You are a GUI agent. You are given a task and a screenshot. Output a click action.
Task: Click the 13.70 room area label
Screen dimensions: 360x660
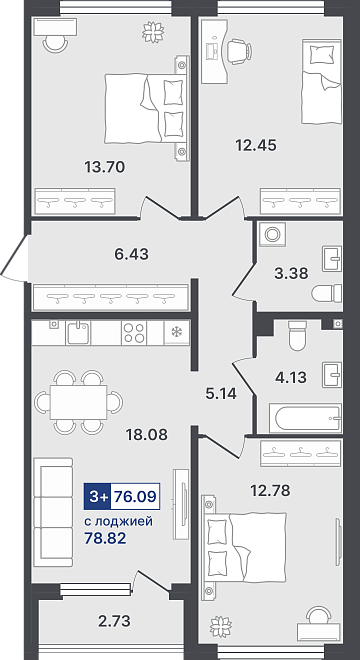click(105, 168)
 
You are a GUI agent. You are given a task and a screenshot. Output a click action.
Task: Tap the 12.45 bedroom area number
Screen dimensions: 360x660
click(256, 146)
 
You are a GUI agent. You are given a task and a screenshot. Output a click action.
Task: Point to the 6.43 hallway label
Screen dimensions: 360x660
click(131, 254)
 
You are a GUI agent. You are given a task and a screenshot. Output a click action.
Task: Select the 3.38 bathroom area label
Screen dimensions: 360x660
click(291, 274)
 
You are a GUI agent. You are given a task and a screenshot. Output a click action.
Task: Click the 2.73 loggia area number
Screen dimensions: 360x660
click(113, 620)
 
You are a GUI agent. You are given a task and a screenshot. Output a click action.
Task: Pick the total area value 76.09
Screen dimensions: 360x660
click(135, 497)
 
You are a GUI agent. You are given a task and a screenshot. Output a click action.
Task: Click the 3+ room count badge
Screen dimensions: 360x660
click(98, 497)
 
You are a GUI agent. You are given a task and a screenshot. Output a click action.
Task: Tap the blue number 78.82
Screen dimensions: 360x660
click(105, 539)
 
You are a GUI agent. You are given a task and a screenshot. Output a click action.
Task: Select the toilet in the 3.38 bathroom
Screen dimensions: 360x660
click(327, 293)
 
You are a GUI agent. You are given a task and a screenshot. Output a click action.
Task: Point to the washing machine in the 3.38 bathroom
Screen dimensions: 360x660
click(272, 234)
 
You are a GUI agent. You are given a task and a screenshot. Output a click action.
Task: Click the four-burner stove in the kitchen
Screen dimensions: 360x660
click(134, 333)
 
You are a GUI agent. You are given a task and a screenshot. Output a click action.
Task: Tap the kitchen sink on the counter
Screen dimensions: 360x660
click(78, 333)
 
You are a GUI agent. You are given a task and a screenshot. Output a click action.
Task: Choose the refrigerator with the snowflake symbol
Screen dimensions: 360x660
click(176, 333)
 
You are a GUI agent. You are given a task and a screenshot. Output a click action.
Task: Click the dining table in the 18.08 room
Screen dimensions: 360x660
click(78, 402)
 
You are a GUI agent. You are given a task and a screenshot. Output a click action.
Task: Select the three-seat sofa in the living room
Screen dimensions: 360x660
click(53, 512)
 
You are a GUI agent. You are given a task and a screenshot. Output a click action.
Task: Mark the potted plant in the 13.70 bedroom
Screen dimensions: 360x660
click(152, 32)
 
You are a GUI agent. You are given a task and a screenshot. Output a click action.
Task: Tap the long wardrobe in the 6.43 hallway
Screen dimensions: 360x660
click(110, 298)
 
